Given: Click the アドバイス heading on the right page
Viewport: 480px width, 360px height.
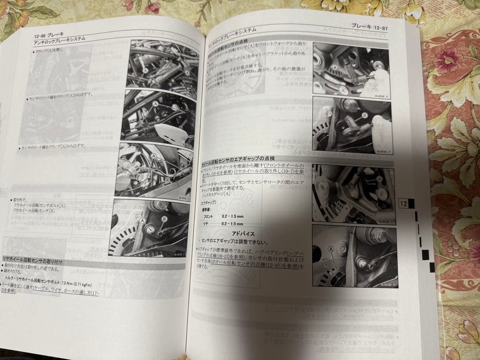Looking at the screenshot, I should (243, 233).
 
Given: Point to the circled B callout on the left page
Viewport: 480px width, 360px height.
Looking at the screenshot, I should (164, 219).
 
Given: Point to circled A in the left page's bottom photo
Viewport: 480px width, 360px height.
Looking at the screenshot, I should (142, 220).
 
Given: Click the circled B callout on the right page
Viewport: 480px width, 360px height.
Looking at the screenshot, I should (365, 115).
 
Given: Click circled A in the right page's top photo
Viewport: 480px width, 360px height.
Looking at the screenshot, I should (335, 68).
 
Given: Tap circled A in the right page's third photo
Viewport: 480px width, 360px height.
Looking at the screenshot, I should (379, 178).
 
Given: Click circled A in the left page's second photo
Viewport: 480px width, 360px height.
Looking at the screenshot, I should (155, 103).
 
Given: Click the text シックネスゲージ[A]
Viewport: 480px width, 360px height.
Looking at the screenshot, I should (216, 194).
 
